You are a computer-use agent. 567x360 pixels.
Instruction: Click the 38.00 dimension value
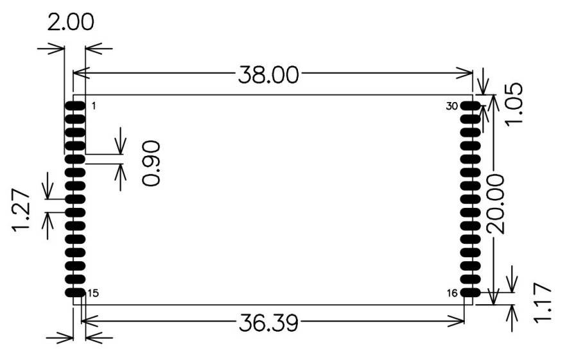[x=268, y=75]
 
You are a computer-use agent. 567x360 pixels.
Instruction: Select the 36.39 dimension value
[x=268, y=322]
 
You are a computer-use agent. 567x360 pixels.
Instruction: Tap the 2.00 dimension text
[x=71, y=22]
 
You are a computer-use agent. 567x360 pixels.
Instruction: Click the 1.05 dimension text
[x=514, y=104]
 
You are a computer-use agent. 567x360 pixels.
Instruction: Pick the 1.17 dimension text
[x=543, y=302]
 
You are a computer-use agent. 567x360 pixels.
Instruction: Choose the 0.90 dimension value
[x=151, y=164]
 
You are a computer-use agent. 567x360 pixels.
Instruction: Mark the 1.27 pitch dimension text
[x=21, y=210]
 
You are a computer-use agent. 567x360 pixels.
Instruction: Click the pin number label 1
[x=94, y=106]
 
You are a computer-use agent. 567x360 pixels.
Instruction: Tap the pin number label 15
[x=93, y=293]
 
